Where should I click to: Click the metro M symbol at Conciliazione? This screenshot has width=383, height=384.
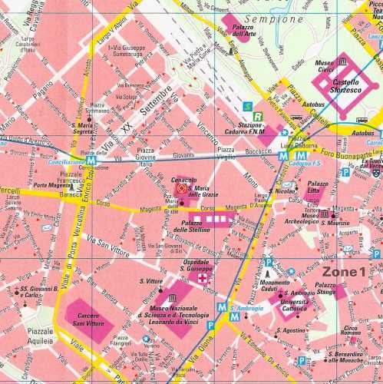[91, 162]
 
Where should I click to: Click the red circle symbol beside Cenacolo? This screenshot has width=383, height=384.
[181, 187]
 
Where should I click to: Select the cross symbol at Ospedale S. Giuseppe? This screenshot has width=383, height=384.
[203, 280]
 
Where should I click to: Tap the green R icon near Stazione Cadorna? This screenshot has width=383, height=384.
[258, 117]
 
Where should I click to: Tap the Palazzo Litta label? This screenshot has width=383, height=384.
[317, 187]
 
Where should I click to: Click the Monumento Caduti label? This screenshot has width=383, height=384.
[275, 287]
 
